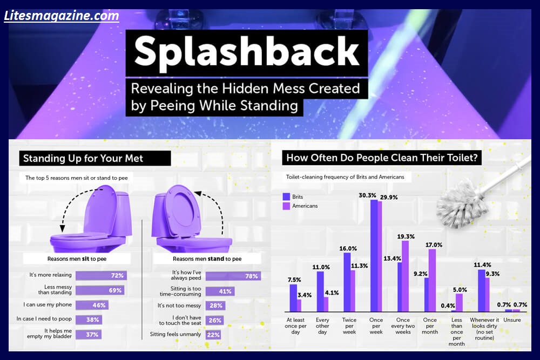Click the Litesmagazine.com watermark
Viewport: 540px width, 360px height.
tap(62, 16)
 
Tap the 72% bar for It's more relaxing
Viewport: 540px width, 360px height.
tap(102, 275)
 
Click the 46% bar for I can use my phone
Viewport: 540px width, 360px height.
tap(91, 305)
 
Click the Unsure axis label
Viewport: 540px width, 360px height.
tap(512, 320)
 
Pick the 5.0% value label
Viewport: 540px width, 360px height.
tap(460, 289)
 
